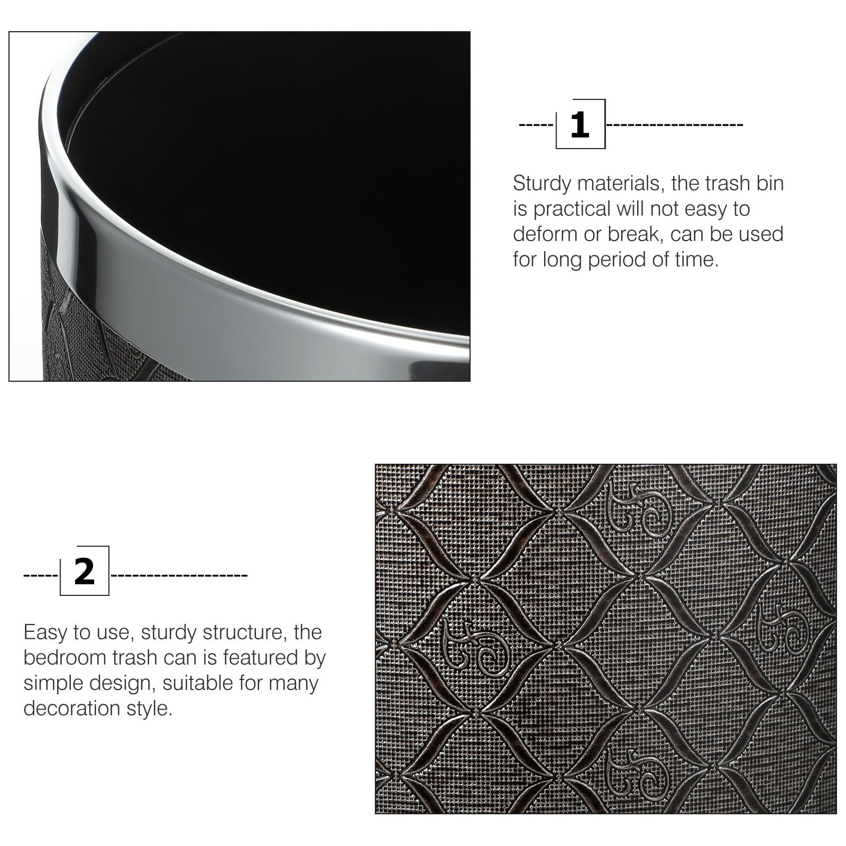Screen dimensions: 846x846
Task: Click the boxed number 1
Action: [580, 125]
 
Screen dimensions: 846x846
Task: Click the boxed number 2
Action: [85, 572]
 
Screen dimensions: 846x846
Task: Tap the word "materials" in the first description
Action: [620, 183]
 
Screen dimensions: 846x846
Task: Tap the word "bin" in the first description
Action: [770, 183]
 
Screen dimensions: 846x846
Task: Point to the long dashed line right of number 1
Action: [675, 125]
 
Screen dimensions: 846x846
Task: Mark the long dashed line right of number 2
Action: [179, 574]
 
